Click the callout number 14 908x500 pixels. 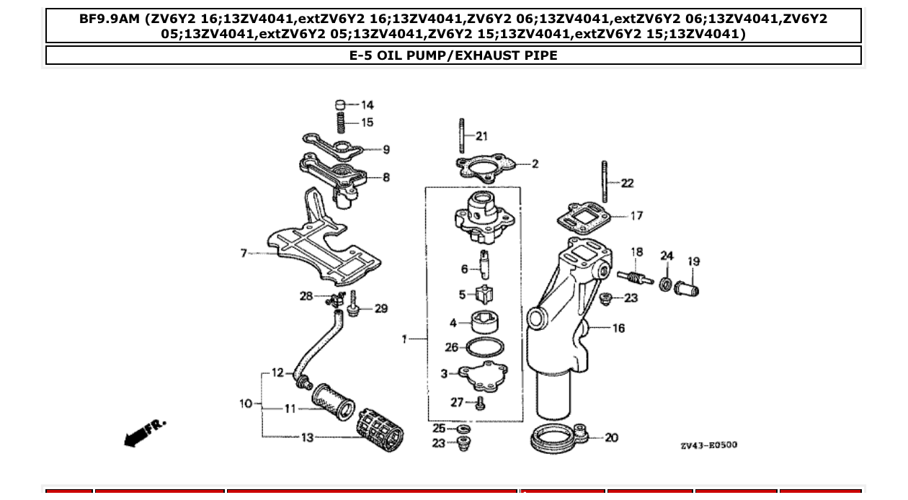368,105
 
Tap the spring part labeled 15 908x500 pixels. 341,122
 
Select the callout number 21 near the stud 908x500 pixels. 481,136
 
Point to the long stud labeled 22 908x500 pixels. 604,182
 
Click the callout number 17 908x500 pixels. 636,215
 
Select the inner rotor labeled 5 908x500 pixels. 484,294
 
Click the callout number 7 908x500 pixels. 244,253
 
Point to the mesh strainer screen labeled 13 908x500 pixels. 380,435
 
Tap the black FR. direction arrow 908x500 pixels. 144,432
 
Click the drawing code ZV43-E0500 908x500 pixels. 708,445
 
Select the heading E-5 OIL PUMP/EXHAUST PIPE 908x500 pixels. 453,55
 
